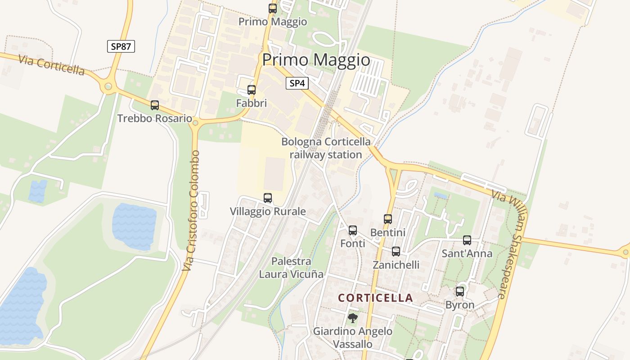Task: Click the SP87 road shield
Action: pyautogui.click(x=121, y=46)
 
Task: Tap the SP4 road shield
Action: pyautogui.click(x=297, y=83)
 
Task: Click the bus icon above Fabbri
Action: pyautogui.click(x=252, y=90)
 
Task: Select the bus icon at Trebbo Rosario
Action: pyautogui.click(x=155, y=105)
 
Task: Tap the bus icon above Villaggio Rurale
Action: pyautogui.click(x=268, y=198)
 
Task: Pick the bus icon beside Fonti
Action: pyautogui.click(x=353, y=230)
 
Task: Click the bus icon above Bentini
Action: pyautogui.click(x=388, y=219)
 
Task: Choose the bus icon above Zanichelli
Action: pyautogui.click(x=396, y=252)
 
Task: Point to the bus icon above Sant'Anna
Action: pyautogui.click(x=467, y=240)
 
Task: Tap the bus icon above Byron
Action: pyautogui.click(x=460, y=292)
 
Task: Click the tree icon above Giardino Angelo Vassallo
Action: pyautogui.click(x=353, y=318)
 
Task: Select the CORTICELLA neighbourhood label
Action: pyautogui.click(x=375, y=298)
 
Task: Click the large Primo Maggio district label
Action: pyautogui.click(x=316, y=60)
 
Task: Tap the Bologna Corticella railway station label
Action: pyautogui.click(x=326, y=148)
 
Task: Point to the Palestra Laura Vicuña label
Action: pyautogui.click(x=291, y=268)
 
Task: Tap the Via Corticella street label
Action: pyautogui.click(x=52, y=66)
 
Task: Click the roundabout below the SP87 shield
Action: pyautogui.click(x=108, y=87)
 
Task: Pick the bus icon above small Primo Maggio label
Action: pyautogui.click(x=273, y=8)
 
